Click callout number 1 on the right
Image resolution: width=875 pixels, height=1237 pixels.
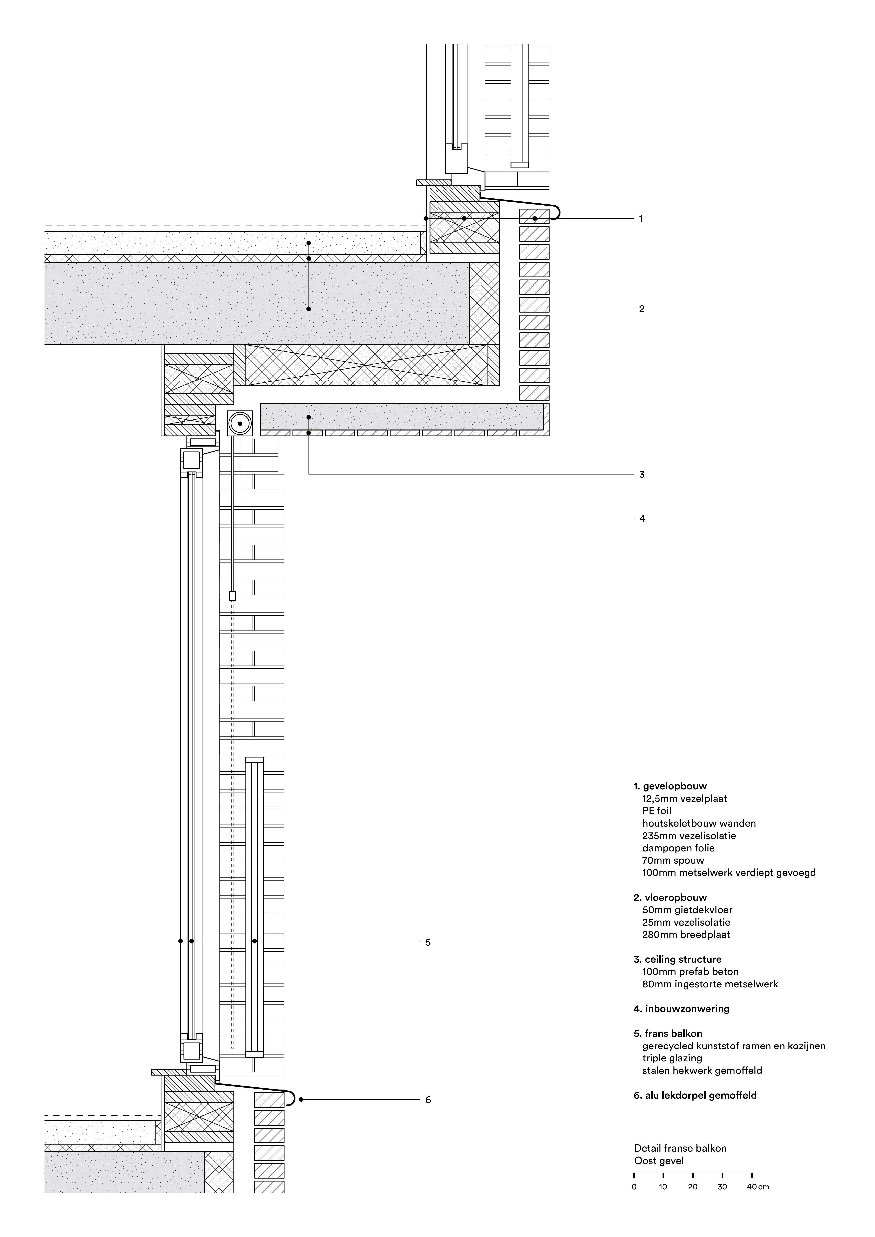point(641,219)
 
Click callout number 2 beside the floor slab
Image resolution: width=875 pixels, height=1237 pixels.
point(641,309)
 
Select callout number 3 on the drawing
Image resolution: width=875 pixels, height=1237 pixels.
point(641,475)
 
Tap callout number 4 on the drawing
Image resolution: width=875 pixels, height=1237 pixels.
point(642,518)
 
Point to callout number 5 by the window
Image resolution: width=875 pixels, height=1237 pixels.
point(428,942)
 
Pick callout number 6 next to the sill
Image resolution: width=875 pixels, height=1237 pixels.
point(428,1100)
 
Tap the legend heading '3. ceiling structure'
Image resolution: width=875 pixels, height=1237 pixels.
point(677,959)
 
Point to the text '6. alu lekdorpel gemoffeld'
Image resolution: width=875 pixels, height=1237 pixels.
point(695,1095)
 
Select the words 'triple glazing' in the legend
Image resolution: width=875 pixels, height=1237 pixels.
point(672,1058)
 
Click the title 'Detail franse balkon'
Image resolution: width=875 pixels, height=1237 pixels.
point(680,1148)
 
